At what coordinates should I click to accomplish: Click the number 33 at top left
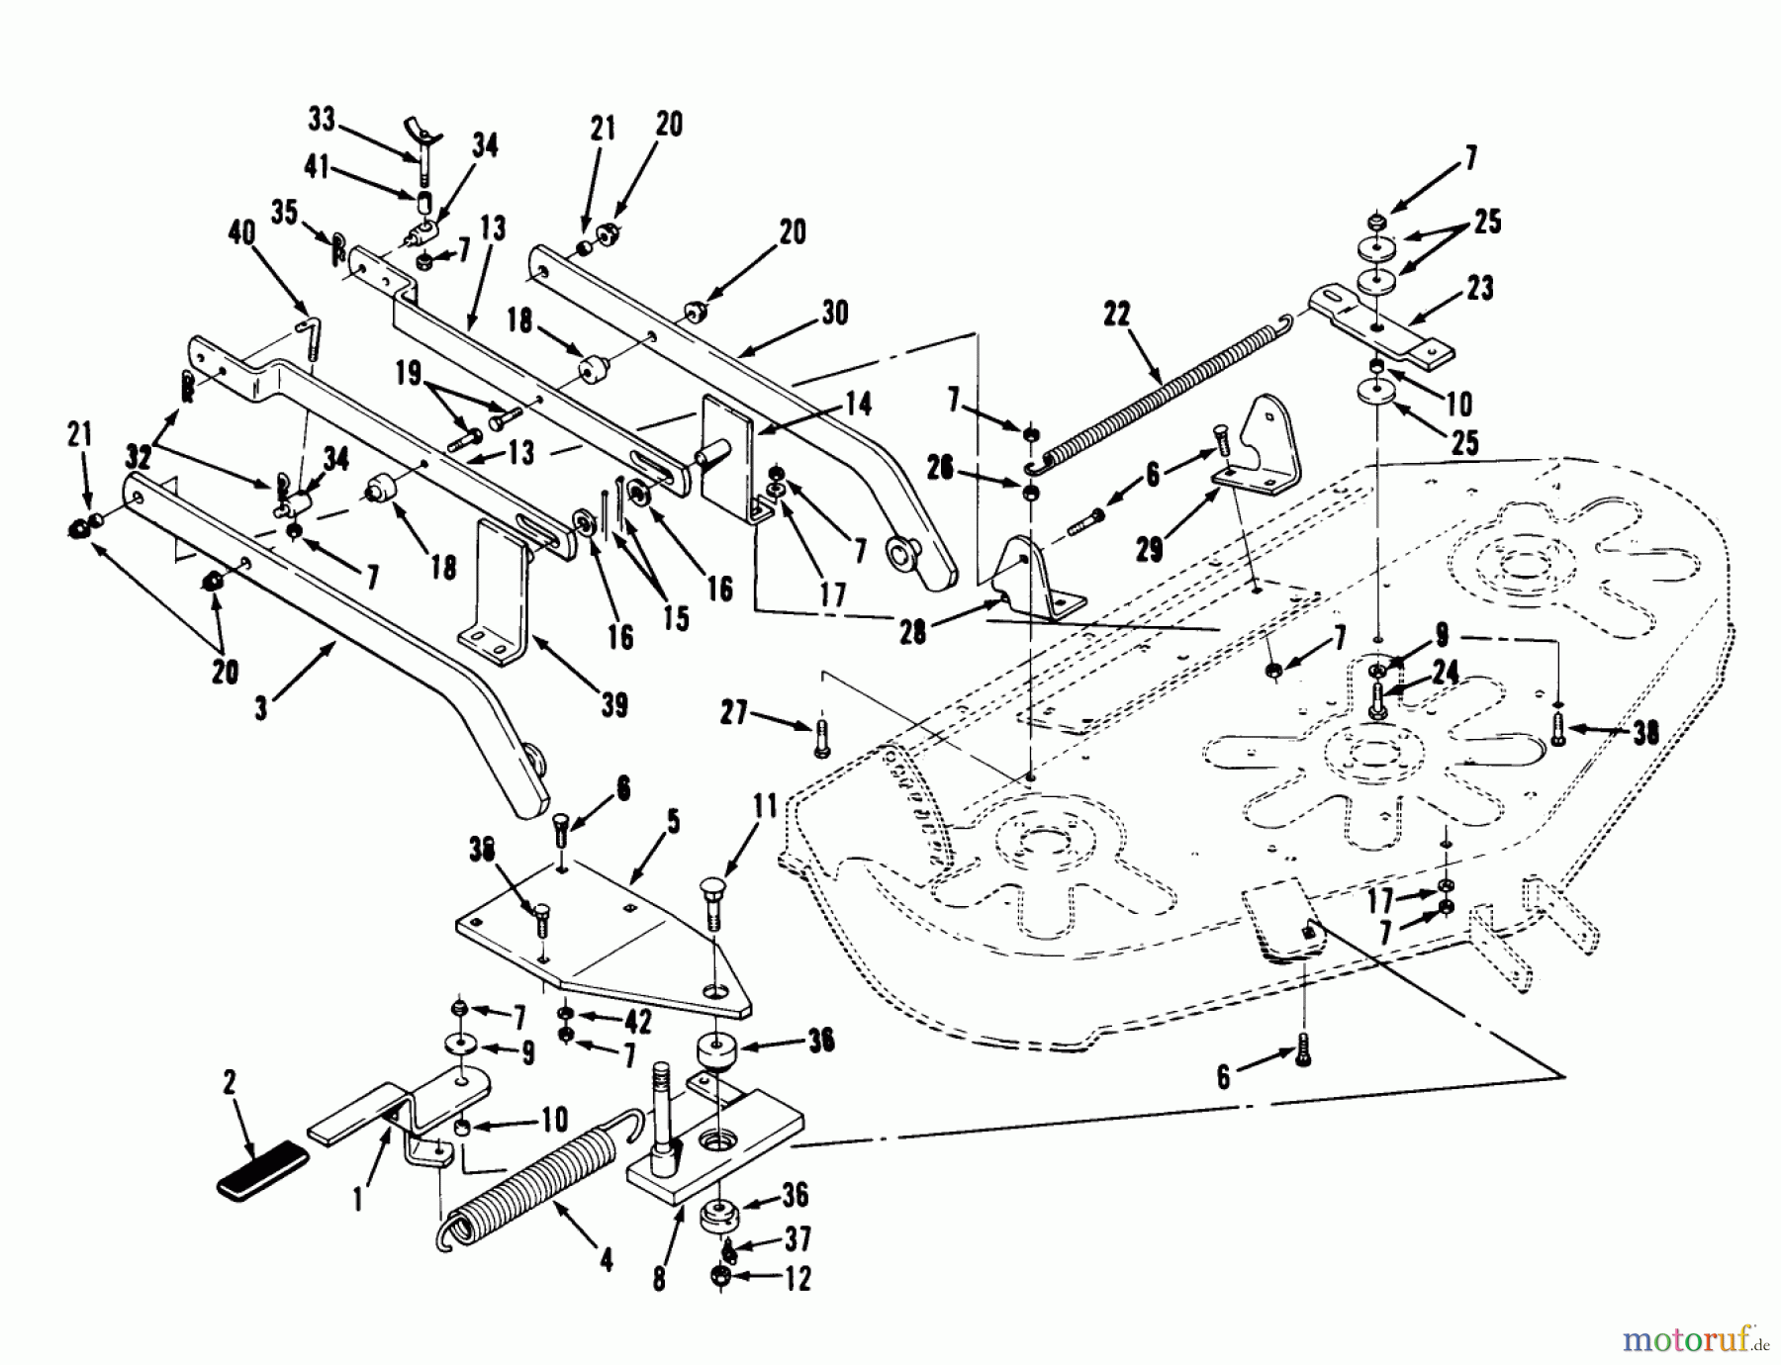click(x=322, y=120)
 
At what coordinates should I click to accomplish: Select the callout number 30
click(x=834, y=313)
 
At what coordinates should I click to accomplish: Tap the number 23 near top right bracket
click(x=1480, y=289)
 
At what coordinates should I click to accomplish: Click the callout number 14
click(x=857, y=404)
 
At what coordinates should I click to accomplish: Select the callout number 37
click(x=797, y=1238)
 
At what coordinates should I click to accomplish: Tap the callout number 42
click(x=639, y=1021)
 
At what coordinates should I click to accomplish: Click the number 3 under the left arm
click(x=261, y=708)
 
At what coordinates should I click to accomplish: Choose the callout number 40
click(x=241, y=233)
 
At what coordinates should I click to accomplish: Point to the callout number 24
click(x=1445, y=673)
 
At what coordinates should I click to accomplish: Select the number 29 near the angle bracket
click(x=1148, y=549)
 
